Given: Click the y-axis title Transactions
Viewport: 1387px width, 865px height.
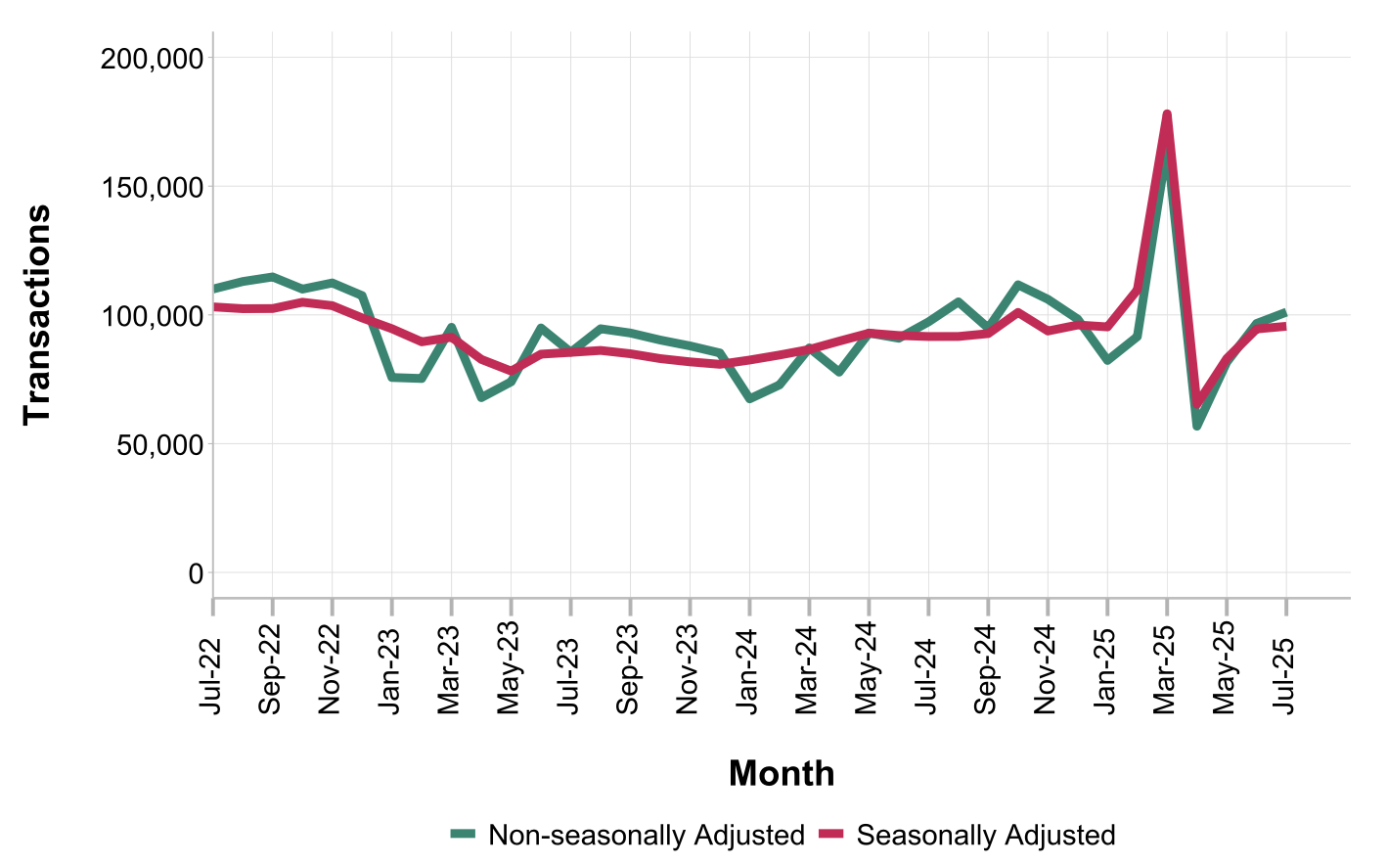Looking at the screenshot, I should pyautogui.click(x=37, y=314).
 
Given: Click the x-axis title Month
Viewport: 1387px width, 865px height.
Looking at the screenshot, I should pyautogui.click(x=782, y=774).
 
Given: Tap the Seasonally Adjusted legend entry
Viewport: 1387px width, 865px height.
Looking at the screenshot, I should pyautogui.click(x=985, y=836).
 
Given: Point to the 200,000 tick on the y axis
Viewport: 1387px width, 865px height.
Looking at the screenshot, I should pyautogui.click(x=153, y=59).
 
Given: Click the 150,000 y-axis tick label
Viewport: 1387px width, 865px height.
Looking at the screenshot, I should pyautogui.click(x=153, y=187).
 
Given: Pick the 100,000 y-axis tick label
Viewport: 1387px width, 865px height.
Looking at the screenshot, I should pyautogui.click(x=153, y=316).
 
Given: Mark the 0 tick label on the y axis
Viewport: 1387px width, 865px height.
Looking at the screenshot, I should pyautogui.click(x=196, y=573).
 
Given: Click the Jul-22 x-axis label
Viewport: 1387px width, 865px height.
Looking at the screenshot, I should pyautogui.click(x=212, y=676).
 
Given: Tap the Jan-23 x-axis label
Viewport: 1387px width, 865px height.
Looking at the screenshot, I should pyautogui.click(x=391, y=676).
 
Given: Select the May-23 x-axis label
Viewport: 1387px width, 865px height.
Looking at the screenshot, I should pyautogui.click(x=511, y=676).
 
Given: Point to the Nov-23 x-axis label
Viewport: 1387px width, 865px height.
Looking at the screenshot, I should pyautogui.click(x=690, y=676).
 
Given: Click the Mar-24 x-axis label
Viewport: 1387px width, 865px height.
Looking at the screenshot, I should pyautogui.click(x=809, y=676).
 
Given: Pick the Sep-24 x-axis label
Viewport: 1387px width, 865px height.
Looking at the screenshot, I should pyautogui.click(x=988, y=676).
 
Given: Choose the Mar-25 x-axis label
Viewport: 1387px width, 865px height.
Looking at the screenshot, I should pyautogui.click(x=1166, y=676).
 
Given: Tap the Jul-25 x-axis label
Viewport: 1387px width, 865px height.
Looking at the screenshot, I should pyautogui.click(x=1285, y=676).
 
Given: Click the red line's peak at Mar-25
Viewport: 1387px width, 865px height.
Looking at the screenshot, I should pyautogui.click(x=1167, y=114).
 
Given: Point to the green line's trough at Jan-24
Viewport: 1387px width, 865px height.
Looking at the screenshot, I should pyautogui.click(x=749, y=399).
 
